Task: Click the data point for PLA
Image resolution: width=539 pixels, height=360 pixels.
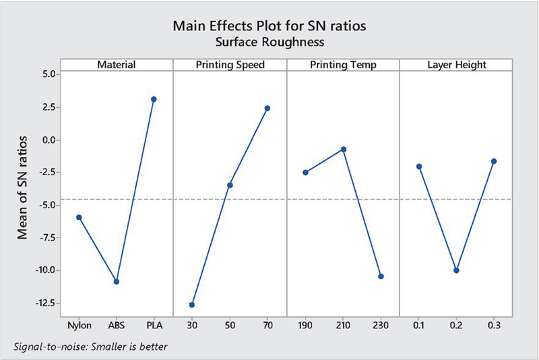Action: pos(154,99)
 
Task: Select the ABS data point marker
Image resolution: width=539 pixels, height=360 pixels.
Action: pos(117,281)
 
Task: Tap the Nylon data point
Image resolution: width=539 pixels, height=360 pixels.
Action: pos(79,217)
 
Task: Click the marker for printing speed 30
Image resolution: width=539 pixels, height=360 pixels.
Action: pos(192,305)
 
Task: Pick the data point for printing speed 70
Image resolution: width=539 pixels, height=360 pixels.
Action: pos(267,108)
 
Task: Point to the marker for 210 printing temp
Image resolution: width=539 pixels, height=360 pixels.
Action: pos(344,149)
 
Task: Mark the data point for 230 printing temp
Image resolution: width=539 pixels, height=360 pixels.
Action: pos(381,276)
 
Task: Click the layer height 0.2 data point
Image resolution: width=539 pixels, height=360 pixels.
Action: pos(457,270)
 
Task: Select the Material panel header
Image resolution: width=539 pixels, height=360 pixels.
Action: pos(117,65)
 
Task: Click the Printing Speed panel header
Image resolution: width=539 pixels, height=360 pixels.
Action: pos(230,65)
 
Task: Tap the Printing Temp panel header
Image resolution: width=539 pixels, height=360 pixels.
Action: pos(343,65)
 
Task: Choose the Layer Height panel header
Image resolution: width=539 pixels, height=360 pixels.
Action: pos(456,65)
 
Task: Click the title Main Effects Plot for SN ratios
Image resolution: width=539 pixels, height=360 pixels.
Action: pos(269,28)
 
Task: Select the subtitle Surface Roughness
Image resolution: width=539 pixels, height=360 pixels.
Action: pos(269,42)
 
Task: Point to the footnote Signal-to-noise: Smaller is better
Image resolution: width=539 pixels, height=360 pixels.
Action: pos(90,347)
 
